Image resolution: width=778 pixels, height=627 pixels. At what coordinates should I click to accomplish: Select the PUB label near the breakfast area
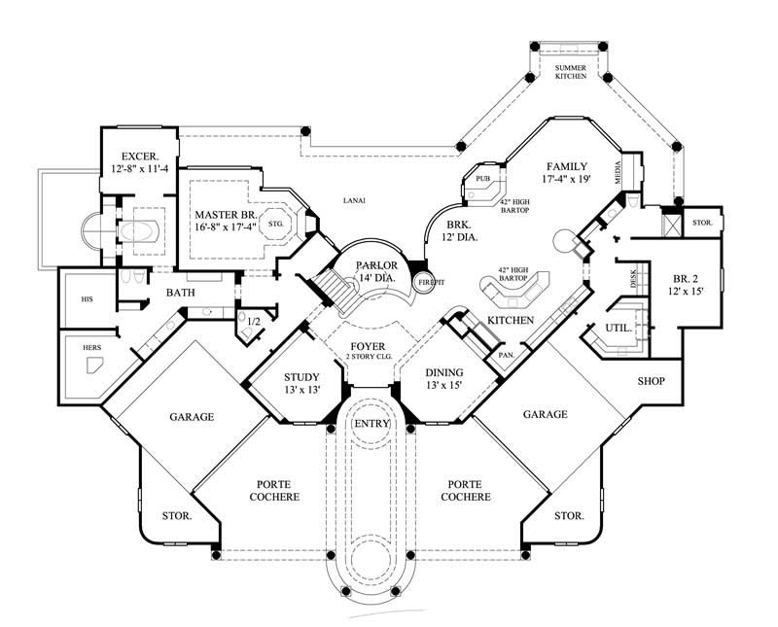pyautogui.click(x=482, y=179)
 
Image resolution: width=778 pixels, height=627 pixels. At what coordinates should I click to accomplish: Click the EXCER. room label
pyautogui.click(x=139, y=156)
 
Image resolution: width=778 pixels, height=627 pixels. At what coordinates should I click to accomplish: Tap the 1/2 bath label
pyautogui.click(x=254, y=321)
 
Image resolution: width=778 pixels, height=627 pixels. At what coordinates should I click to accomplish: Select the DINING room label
pyautogui.click(x=443, y=372)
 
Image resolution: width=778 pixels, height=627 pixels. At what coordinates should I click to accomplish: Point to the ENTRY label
pyautogui.click(x=371, y=424)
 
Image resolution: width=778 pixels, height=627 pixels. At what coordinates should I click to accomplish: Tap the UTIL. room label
pyautogui.click(x=619, y=328)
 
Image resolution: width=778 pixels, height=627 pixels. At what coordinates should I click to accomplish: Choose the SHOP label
pyautogui.click(x=652, y=380)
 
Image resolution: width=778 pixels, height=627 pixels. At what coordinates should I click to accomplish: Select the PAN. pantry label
pyautogui.click(x=507, y=355)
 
